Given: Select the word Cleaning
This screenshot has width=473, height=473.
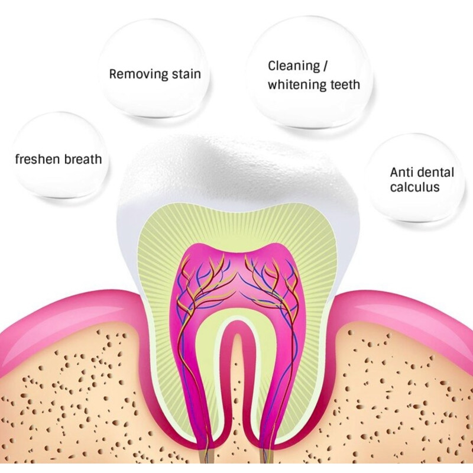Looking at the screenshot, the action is click(294, 66).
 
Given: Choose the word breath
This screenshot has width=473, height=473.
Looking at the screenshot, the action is click(80, 159).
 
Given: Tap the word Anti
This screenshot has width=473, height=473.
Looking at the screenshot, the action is click(401, 173).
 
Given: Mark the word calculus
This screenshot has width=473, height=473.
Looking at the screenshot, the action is click(414, 187).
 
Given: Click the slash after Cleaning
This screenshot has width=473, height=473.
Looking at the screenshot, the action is click(325, 66).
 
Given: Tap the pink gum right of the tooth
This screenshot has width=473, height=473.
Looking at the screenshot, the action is click(401, 314).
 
